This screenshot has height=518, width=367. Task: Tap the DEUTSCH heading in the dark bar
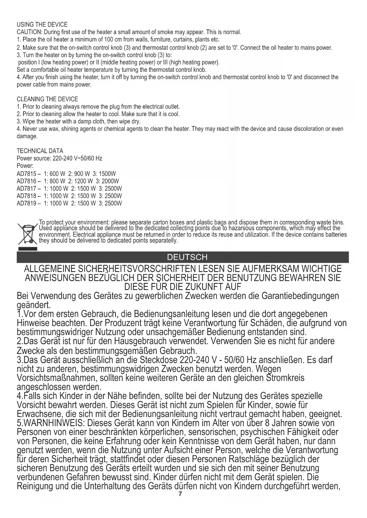[187, 257]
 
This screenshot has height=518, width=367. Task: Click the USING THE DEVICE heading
[42, 25]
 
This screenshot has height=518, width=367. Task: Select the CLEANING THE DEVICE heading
[47, 99]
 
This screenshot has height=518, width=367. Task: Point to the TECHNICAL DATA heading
[40, 151]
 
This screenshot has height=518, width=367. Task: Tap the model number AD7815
[27, 174]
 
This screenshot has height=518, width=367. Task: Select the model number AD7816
[27, 181]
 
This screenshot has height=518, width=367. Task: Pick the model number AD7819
[27, 203]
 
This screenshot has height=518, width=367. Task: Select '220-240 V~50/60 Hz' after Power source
[77, 158]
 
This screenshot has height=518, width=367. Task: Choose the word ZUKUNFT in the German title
[203, 286]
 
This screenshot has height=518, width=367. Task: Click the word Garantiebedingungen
[300, 296]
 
